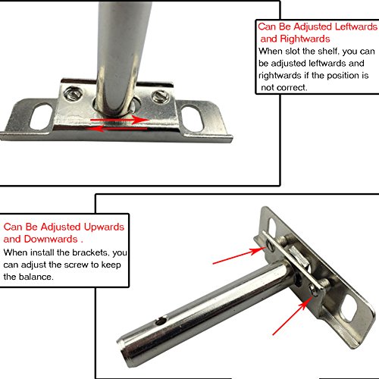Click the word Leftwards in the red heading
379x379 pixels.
coord(356,27)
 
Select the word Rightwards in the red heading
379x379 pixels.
coord(305,39)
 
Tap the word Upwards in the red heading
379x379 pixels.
coord(104,227)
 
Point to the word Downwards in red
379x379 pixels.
coord(51,239)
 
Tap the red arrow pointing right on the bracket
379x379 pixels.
coord(120,120)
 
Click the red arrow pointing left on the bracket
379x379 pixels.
coord(117,129)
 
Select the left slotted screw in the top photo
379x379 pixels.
coord(72,93)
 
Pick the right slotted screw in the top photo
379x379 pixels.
coord(160,96)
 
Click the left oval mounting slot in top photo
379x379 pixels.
coord(41,116)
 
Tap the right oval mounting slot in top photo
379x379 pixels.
coord(193,119)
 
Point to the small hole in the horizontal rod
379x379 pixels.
coord(161,321)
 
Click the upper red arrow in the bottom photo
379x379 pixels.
coord(240,255)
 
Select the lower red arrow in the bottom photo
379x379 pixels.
coord(293,315)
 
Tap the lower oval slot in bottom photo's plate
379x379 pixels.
coord(349,309)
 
